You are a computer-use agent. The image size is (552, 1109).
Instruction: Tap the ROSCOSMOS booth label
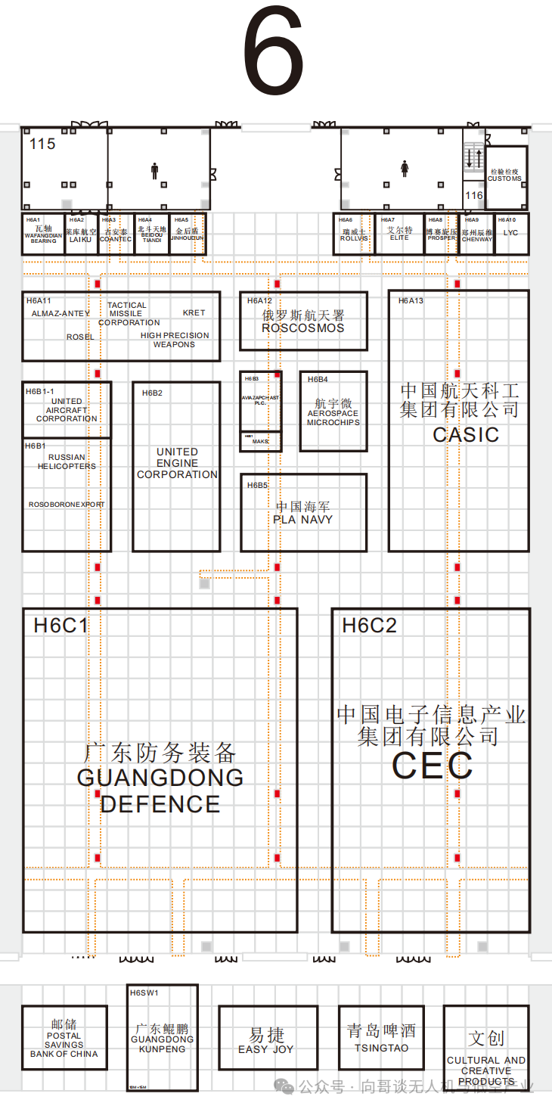point(302,328)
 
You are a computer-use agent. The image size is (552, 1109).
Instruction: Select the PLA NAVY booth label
point(302,519)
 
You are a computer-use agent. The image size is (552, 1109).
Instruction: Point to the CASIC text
point(466,434)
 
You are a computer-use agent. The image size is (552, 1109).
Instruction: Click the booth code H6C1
point(61,626)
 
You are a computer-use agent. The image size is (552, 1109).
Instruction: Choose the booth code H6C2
point(369,626)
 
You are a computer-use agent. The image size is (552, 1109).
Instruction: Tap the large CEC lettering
point(432,766)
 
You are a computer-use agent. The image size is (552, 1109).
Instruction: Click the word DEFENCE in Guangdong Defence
point(160,804)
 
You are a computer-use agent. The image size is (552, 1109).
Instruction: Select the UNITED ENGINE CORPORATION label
point(177,463)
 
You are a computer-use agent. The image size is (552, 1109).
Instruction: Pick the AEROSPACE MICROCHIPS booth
point(333,414)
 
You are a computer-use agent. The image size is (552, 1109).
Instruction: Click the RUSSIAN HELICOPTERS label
point(67,461)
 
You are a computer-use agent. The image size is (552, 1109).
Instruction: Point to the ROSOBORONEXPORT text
point(67,505)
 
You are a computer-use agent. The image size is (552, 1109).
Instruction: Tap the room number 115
point(42,144)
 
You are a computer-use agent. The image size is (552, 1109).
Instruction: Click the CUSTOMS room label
point(504,179)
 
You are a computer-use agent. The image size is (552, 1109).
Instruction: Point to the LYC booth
point(511,233)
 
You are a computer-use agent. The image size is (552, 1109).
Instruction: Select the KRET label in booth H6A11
point(194,312)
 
